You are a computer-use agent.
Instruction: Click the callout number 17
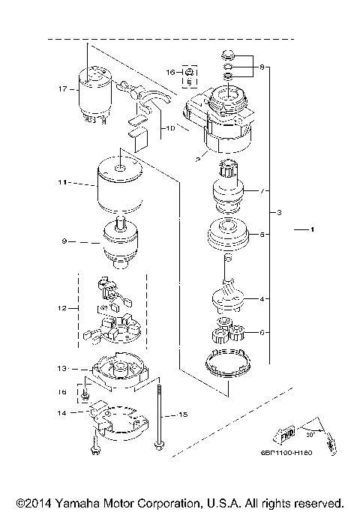63,89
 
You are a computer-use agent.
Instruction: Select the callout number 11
63,182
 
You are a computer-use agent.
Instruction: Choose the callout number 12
63,307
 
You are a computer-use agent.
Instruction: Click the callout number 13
63,368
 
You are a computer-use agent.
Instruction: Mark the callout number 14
63,413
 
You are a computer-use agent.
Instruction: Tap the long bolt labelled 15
159,416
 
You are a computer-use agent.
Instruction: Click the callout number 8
262,68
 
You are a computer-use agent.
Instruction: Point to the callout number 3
279,214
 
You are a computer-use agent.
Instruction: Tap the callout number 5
262,234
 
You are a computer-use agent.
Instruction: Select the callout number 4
262,298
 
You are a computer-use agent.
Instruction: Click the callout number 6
262,332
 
